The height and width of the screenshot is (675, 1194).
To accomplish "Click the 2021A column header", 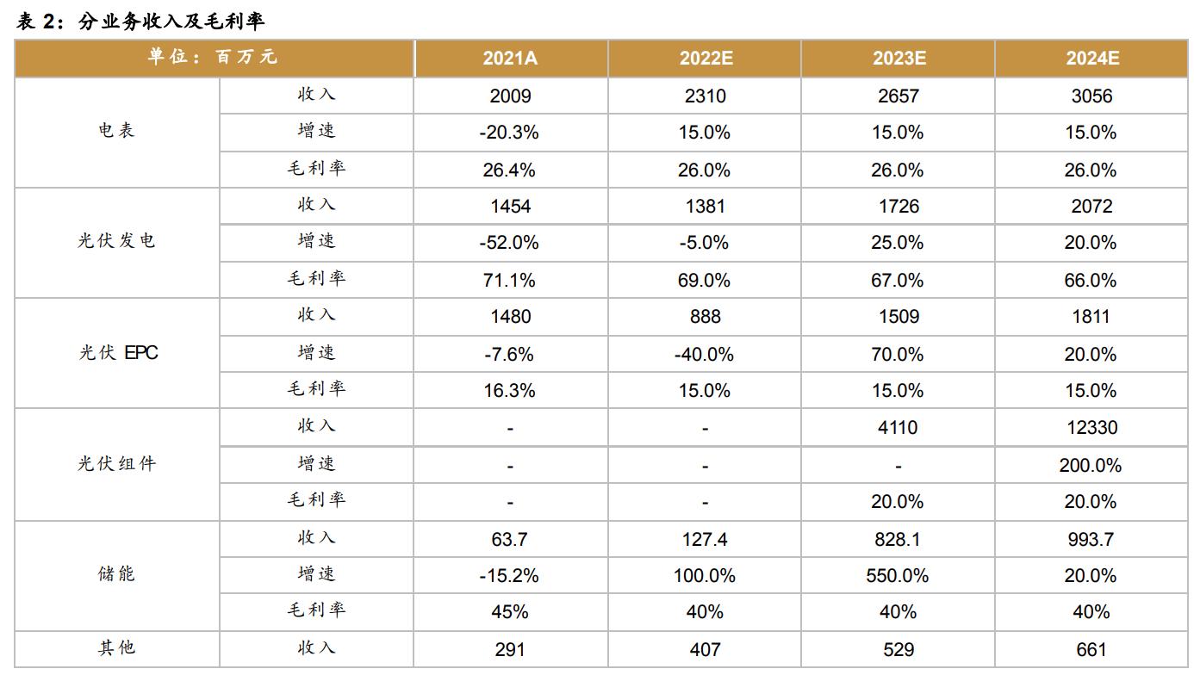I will click(x=510, y=59).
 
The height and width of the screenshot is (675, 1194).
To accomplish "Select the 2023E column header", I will click(x=899, y=59).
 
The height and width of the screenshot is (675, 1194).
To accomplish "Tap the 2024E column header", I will click(x=1092, y=59).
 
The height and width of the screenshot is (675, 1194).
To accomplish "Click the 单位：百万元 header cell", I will click(x=213, y=58).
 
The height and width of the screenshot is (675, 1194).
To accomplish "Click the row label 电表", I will click(x=116, y=132).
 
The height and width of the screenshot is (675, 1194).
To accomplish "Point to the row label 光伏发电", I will click(x=116, y=242).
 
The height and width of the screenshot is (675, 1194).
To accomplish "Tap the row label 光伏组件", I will click(x=116, y=464).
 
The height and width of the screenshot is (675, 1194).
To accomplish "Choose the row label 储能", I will click(x=116, y=574).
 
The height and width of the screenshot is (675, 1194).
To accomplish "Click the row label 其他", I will click(x=116, y=648).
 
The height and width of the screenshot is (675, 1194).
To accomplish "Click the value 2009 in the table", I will click(x=510, y=96).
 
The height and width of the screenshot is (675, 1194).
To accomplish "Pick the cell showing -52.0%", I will click(x=509, y=244).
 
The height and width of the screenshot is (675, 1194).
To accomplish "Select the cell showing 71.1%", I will click(x=509, y=281).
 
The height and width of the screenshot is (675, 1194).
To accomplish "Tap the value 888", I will click(x=705, y=317).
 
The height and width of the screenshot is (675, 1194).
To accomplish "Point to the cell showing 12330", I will click(x=1091, y=428).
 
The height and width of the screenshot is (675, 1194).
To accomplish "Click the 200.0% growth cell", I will click(x=1091, y=466).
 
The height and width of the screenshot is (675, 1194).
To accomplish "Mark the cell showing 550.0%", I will click(x=898, y=576).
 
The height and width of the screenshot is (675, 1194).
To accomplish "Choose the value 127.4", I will click(x=705, y=540).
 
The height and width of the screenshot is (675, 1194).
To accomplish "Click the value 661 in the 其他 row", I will click(x=1091, y=650).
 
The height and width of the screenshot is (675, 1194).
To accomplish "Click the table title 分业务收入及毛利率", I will click(x=171, y=22).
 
